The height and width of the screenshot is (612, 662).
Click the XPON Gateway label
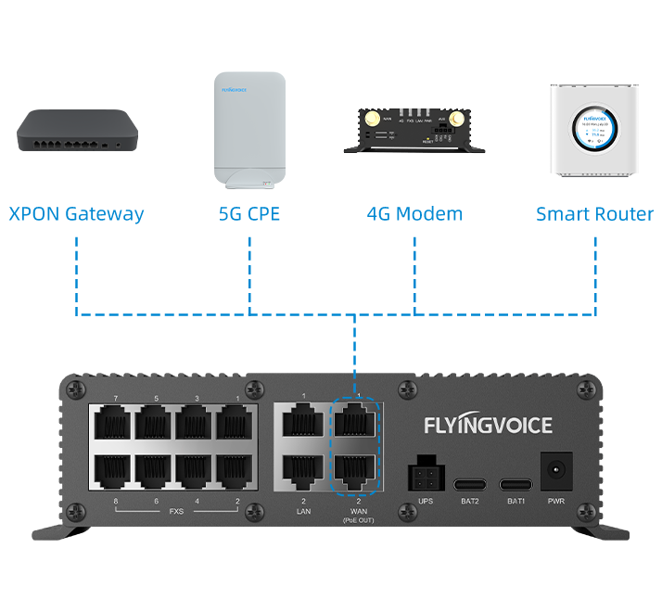pyautogui.click(x=76, y=214)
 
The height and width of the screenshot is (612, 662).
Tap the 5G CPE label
pyautogui.click(x=249, y=214)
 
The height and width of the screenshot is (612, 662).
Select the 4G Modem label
pyautogui.click(x=414, y=214)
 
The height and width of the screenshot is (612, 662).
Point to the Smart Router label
pyautogui.click(x=594, y=214)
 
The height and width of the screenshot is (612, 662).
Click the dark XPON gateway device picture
pyautogui.click(x=77, y=131)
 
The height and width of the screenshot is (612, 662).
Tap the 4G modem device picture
pyautogui.click(x=414, y=129)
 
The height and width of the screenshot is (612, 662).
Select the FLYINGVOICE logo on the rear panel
pyautogui.click(x=488, y=426)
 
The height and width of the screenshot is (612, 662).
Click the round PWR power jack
pyautogui.click(x=555, y=469)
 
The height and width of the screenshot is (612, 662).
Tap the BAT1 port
pyautogui.click(x=516, y=484)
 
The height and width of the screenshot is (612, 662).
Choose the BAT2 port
pyautogui.click(x=469, y=484)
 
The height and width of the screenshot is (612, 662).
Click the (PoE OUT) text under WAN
pyautogui.click(x=357, y=521)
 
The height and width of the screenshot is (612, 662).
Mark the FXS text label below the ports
pyautogui.click(x=176, y=511)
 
